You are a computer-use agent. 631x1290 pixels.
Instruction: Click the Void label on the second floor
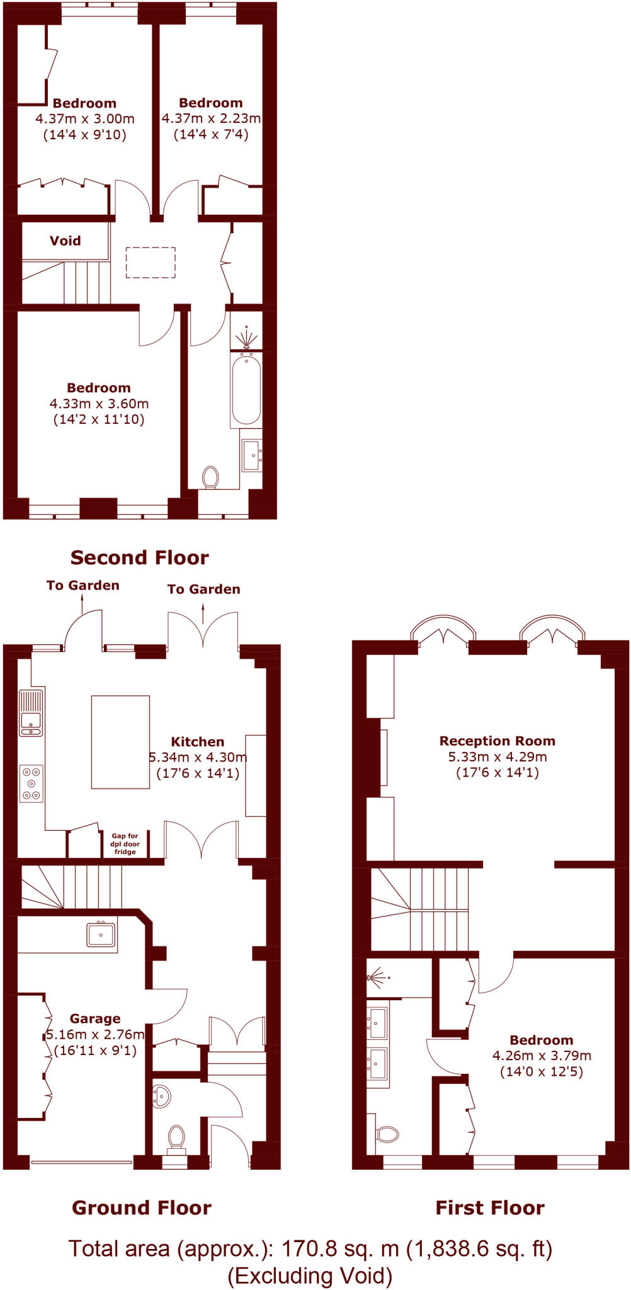click(x=65, y=241)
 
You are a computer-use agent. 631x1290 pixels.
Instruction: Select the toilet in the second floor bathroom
click(x=210, y=477)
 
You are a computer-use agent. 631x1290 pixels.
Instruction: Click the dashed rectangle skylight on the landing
click(x=151, y=262)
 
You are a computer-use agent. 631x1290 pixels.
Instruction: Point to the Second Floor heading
click(x=139, y=557)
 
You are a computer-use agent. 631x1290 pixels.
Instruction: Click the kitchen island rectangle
click(x=120, y=742)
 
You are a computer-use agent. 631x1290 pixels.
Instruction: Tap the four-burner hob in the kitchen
click(x=31, y=783)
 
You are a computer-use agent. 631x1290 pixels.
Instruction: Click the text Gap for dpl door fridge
click(x=125, y=844)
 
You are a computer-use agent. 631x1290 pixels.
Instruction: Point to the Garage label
click(x=95, y=1019)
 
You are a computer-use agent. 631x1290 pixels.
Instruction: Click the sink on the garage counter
click(x=101, y=935)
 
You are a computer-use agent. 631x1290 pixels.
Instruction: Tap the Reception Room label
click(x=497, y=741)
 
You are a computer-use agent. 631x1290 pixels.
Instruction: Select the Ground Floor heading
click(x=141, y=1207)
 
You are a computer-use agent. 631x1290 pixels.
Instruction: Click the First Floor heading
click(x=490, y=1207)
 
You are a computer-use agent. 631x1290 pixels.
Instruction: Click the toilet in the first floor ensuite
click(x=387, y=1134)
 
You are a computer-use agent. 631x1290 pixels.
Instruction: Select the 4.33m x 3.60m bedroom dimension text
click(x=99, y=404)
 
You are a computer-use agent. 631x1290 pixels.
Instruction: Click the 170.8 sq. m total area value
click(x=339, y=1248)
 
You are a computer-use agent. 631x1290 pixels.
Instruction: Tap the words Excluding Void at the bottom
click(x=310, y=1276)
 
